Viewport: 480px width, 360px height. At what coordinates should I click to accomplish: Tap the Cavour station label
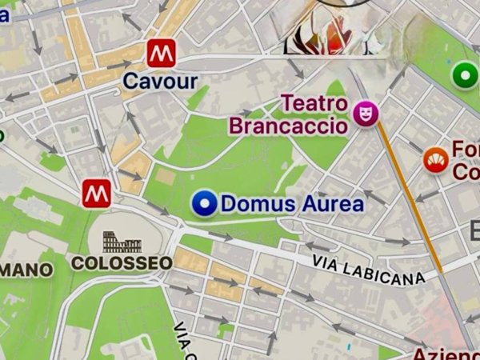pyautogui.click(x=160, y=81)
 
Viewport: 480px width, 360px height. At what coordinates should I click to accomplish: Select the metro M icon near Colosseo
pyautogui.click(x=97, y=192)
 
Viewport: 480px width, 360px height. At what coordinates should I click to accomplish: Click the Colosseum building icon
pyautogui.click(x=122, y=242)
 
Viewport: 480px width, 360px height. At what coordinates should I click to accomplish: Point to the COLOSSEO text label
pyautogui.click(x=122, y=262)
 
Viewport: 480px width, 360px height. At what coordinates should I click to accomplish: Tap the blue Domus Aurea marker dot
pyautogui.click(x=206, y=205)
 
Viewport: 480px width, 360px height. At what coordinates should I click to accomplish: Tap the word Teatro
pyautogui.click(x=314, y=105)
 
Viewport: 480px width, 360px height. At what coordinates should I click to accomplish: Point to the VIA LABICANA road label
pyautogui.click(x=367, y=270)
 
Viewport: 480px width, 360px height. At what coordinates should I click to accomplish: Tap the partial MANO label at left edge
pyautogui.click(x=26, y=270)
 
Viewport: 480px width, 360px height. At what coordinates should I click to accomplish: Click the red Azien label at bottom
pyautogui.click(x=445, y=353)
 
